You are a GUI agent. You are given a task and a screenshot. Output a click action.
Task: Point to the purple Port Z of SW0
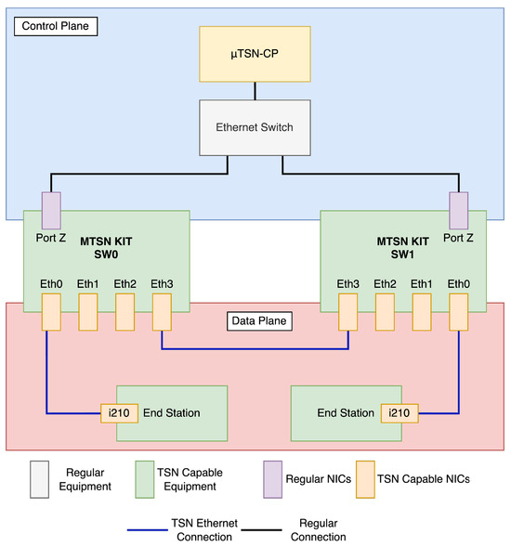click(50, 211)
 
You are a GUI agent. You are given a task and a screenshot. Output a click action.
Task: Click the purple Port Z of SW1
click(459, 211)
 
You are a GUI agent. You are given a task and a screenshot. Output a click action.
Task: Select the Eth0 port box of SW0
click(50, 311)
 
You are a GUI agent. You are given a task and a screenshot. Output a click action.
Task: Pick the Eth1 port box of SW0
click(87, 311)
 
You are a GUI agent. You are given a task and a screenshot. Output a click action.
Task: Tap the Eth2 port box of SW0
click(124, 311)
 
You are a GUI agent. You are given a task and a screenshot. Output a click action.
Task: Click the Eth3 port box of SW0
click(162, 311)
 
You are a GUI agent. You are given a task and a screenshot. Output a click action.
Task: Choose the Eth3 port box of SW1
click(348, 311)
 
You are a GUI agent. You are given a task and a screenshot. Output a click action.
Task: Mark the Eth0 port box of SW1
click(459, 311)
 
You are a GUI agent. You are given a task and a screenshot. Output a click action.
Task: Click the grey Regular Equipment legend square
click(40, 479)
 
